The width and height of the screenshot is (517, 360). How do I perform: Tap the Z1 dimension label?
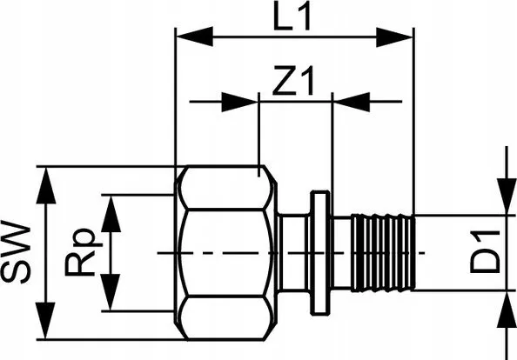click(x=292, y=81)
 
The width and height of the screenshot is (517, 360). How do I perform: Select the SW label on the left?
click(x=16, y=252)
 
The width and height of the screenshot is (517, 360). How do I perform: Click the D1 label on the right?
click(x=485, y=252)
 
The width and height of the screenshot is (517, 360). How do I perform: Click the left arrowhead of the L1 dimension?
click(x=195, y=37)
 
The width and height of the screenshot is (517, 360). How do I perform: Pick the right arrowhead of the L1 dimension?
click(x=394, y=37)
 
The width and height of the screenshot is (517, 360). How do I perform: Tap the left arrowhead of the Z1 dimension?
click(x=239, y=102)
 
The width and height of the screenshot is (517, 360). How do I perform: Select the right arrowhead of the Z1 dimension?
click(x=352, y=102)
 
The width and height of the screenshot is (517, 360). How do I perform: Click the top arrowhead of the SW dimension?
click(x=46, y=185)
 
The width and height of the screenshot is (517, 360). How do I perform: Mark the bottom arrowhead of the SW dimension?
click(x=45, y=321)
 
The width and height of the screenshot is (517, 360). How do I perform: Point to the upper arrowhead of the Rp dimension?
click(x=111, y=214)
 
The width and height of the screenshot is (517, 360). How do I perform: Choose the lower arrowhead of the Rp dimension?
click(x=110, y=292)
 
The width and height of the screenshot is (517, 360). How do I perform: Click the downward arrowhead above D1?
click(x=507, y=197)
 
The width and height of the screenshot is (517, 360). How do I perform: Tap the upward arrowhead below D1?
click(x=507, y=310)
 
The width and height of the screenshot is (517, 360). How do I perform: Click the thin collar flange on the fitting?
click(x=319, y=253)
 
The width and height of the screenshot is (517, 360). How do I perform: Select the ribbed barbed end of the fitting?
click(x=382, y=253)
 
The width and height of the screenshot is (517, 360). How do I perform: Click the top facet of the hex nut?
click(x=227, y=188)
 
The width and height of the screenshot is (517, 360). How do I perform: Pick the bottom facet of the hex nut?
click(x=226, y=318)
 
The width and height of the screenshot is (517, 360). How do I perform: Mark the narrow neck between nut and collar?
click(x=293, y=253)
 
